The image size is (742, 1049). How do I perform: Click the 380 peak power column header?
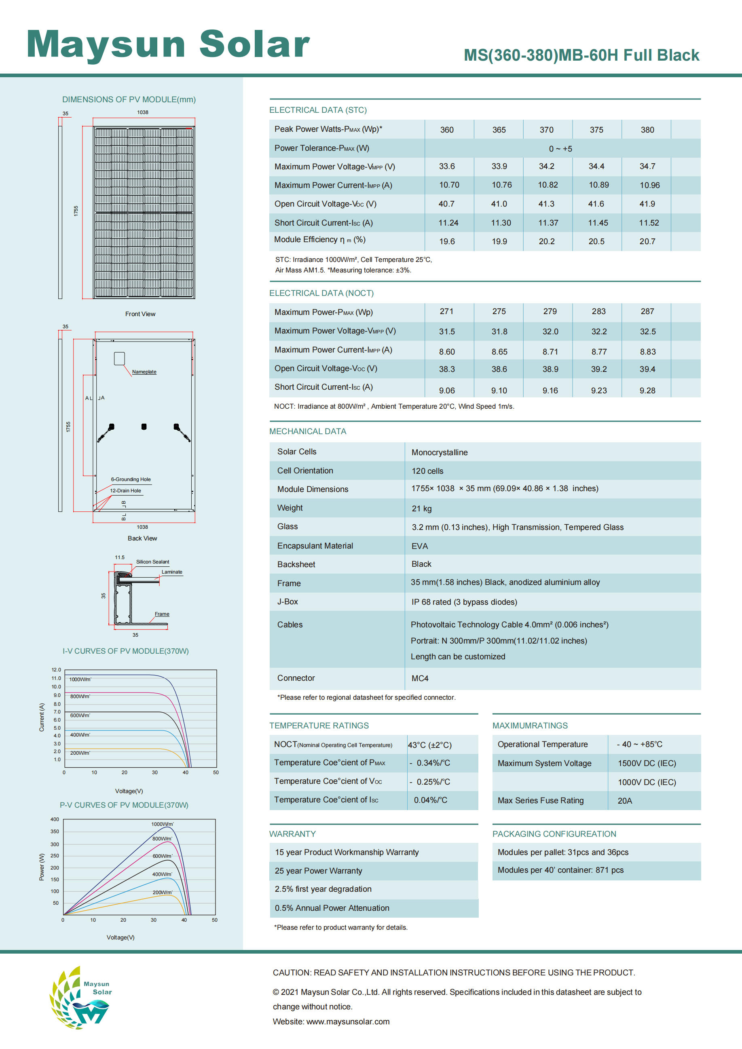647,130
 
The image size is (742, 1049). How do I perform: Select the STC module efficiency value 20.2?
546,241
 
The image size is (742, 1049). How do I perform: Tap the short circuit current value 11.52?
649,223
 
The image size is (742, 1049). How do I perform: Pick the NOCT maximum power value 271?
446,312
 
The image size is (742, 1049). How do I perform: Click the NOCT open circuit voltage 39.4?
647,369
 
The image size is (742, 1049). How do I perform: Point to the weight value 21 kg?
421,509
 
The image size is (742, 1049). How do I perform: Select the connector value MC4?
420,678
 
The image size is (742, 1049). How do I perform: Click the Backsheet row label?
296,565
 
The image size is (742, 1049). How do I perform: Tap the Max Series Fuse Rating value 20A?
625,801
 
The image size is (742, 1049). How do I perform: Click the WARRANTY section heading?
292,834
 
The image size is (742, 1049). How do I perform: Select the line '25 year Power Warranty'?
319,871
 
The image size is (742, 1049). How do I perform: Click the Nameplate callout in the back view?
144,372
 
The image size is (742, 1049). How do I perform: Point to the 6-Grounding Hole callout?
131,479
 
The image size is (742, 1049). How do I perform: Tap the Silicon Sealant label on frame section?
152,562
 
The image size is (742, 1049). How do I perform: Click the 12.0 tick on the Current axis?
56,670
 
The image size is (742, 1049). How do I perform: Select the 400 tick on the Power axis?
55,819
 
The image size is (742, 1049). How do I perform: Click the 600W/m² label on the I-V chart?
80,716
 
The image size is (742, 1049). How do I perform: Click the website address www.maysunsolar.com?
348,1022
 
